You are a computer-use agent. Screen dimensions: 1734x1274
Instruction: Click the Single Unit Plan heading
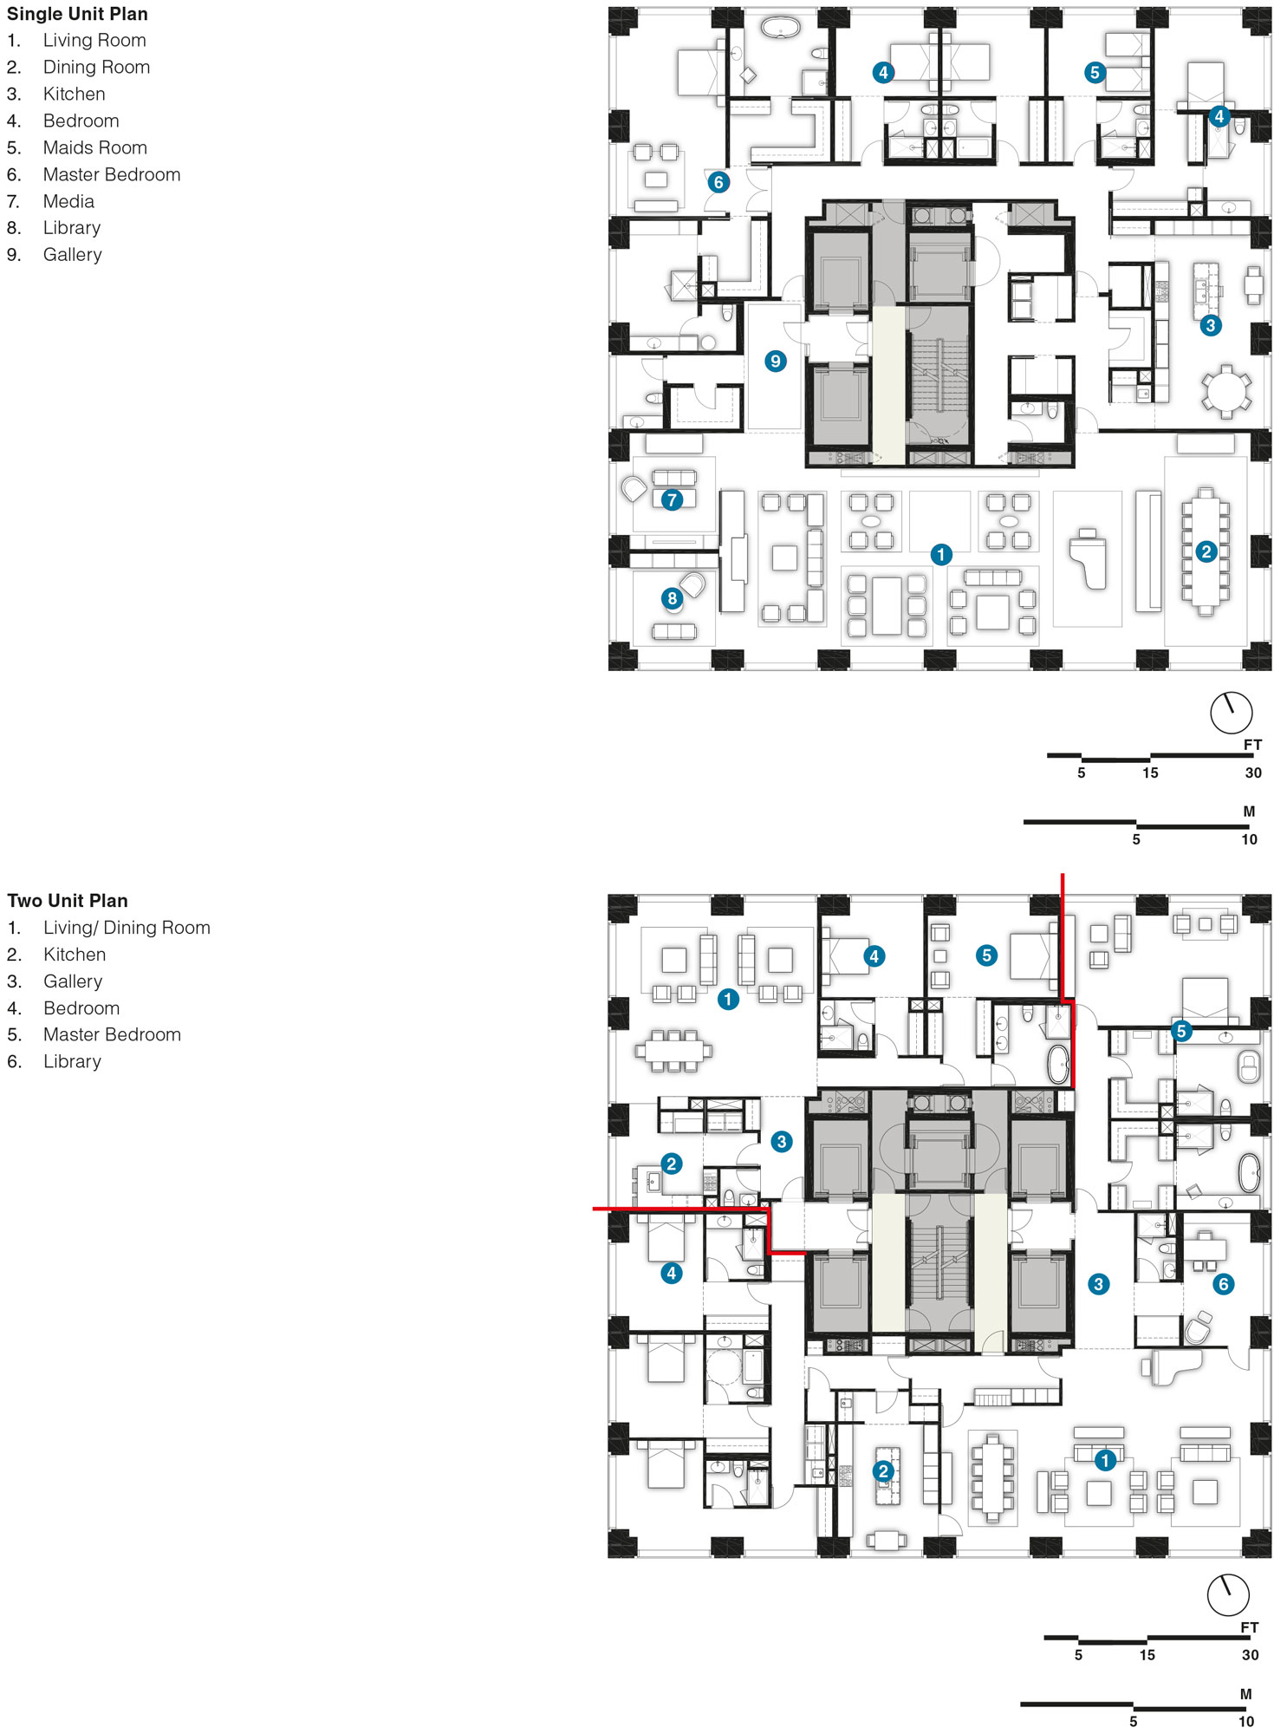pos(77,14)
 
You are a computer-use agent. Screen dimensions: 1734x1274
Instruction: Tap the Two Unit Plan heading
pos(68,901)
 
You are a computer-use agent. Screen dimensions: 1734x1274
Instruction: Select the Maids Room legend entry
pos(94,147)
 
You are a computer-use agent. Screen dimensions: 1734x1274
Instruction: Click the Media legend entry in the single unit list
pos(68,201)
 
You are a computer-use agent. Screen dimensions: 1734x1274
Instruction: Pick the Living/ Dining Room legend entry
pos(127,928)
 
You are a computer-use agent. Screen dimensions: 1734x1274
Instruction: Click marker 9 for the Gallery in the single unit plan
pos(775,361)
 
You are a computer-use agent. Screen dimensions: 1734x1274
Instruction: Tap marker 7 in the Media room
pos(672,499)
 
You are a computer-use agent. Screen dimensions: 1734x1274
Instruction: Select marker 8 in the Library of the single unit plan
pos(672,598)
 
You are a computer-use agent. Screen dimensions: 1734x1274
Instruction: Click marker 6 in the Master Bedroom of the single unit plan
pos(718,182)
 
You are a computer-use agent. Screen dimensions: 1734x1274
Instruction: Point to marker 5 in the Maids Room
pos(1095,73)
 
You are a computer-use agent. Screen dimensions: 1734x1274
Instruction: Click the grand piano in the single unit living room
pos(1089,559)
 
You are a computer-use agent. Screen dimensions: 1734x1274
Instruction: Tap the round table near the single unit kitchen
pos(1225,391)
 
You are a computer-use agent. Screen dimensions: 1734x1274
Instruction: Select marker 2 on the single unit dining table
pos(1206,551)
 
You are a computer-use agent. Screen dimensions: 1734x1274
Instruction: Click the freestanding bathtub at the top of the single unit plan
pos(780,28)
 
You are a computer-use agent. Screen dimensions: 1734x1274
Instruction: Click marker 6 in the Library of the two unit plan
pos(1223,1284)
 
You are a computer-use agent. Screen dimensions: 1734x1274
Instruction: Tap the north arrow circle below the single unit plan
pos(1231,713)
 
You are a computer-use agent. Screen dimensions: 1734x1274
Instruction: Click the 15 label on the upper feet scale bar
pos(1150,773)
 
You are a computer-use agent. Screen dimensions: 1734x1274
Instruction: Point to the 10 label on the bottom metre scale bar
pos(1245,1722)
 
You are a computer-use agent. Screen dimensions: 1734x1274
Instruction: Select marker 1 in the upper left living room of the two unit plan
pos(728,1000)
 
